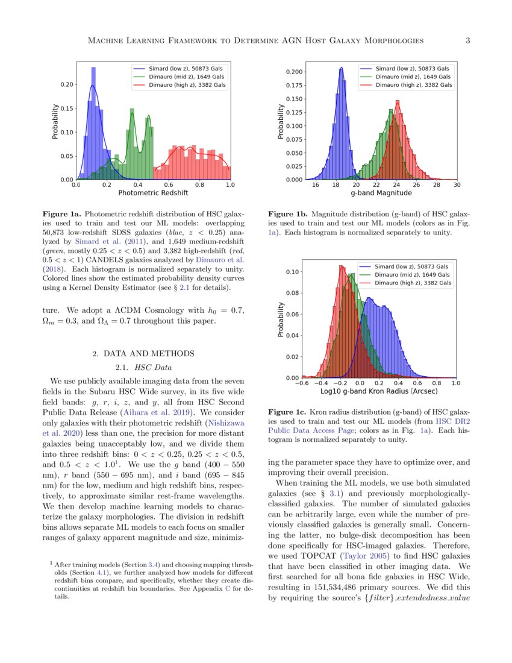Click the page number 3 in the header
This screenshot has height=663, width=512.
(468, 40)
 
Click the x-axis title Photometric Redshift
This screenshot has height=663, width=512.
(153, 193)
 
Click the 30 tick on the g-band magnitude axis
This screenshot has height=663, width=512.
(457, 185)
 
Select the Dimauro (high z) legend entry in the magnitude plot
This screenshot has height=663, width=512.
(414, 86)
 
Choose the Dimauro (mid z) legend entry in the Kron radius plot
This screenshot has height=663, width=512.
(413, 275)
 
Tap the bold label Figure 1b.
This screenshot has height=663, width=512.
(288, 214)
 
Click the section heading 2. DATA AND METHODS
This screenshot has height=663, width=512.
(143, 353)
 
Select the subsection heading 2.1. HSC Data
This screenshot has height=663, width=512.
(143, 366)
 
